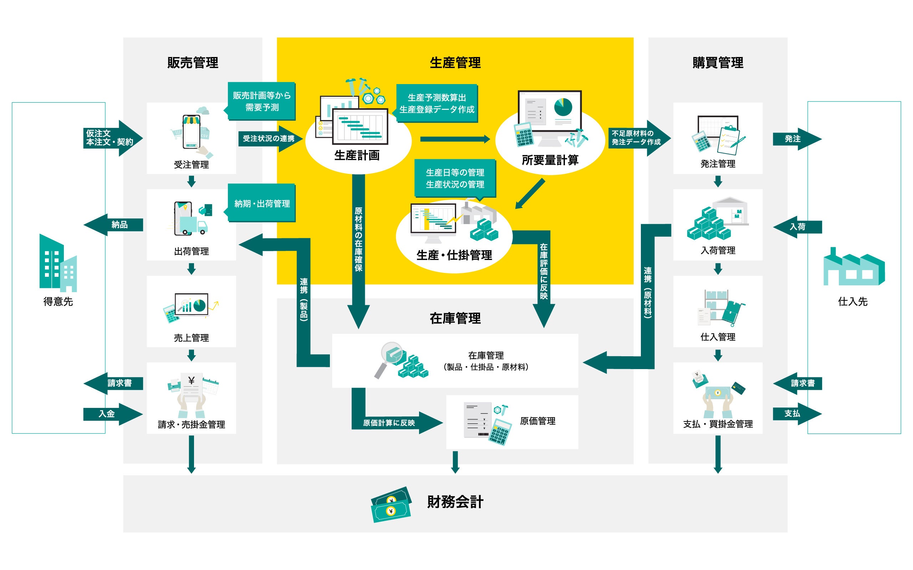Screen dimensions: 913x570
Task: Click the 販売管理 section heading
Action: [x=193, y=63]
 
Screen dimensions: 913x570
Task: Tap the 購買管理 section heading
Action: [x=718, y=63]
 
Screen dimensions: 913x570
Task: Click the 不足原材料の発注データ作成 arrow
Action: [x=639, y=138]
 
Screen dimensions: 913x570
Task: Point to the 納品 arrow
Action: [x=113, y=225]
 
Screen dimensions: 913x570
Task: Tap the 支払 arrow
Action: [x=797, y=414]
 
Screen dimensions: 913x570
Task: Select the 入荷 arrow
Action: [x=797, y=227]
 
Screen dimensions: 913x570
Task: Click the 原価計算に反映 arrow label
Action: [x=389, y=423]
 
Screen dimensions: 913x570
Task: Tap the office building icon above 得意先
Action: [x=58, y=263]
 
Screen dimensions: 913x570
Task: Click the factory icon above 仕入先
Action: [x=854, y=266]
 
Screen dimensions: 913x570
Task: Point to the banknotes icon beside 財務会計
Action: [x=391, y=504]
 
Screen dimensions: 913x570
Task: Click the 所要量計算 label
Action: [x=550, y=160]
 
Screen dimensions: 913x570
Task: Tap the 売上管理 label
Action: [x=191, y=338]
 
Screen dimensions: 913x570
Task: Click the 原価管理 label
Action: [x=537, y=421]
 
